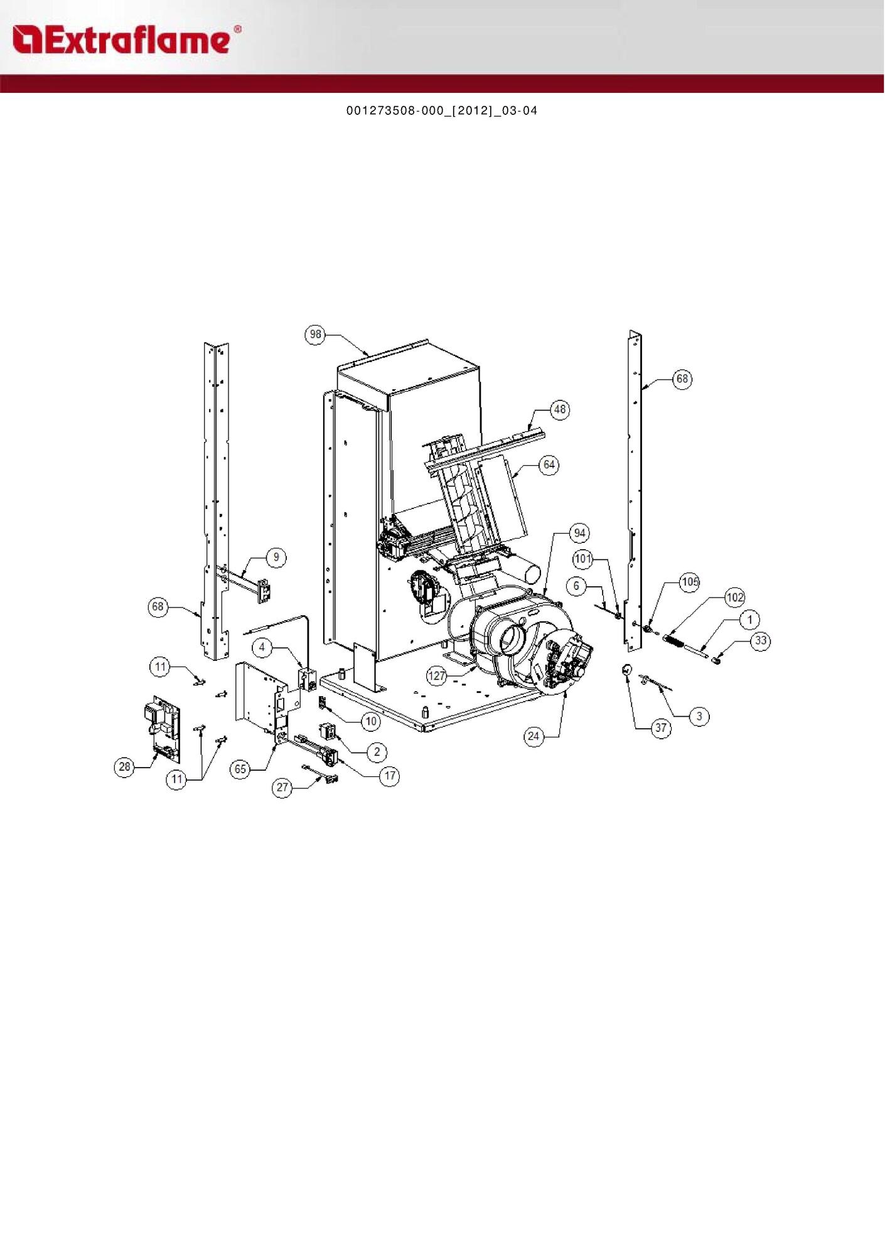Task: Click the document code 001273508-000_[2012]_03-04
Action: coord(442,111)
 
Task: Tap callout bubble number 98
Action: coord(315,335)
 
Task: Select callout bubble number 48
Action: coord(559,410)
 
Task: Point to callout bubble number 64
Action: coord(549,465)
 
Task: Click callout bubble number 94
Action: coord(579,534)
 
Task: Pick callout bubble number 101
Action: coord(583,559)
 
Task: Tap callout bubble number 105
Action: coord(690,582)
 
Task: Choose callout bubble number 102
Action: coord(734,598)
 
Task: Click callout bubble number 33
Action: coord(761,641)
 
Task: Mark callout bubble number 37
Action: coord(661,728)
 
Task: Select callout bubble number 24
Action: coord(534,736)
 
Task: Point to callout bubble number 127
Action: coord(437,676)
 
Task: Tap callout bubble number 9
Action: coord(276,557)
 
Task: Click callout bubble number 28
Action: coord(125,766)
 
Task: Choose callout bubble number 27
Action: coord(282,788)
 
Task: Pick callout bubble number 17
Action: coord(390,776)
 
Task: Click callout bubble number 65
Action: coord(240,770)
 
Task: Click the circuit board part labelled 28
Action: coord(163,726)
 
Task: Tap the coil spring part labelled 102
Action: coord(673,641)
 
